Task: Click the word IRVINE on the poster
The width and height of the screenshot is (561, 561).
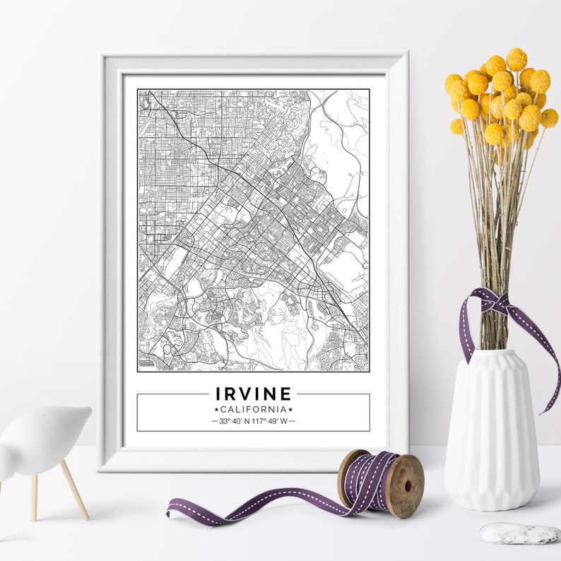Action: (x=253, y=394)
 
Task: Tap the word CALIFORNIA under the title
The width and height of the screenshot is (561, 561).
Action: (x=253, y=409)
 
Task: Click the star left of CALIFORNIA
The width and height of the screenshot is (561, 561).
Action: (x=216, y=410)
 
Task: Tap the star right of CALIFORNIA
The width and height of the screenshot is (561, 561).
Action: (x=290, y=410)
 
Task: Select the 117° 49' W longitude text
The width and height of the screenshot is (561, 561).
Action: (x=271, y=421)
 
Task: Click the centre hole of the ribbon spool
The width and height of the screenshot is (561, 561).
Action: (x=406, y=485)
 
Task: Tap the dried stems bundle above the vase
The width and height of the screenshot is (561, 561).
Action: (x=497, y=212)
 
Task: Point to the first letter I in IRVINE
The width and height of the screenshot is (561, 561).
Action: (x=219, y=394)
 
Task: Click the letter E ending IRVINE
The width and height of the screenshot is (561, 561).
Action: (x=285, y=394)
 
